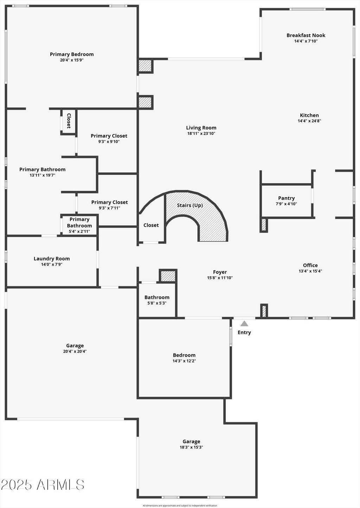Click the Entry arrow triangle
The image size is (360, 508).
244,323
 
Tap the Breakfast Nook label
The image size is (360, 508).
306,36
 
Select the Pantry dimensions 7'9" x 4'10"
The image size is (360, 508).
286,204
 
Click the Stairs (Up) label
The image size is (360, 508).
190,205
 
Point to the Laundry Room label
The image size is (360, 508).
52,259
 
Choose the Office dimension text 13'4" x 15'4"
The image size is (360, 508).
310,271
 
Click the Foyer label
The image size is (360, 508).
220,272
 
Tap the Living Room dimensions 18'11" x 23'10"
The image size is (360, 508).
201,134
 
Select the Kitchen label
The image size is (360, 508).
309,115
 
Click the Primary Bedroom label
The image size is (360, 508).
72,55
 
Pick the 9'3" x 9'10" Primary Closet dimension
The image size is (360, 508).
109,142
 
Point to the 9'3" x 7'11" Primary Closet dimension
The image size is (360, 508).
109,208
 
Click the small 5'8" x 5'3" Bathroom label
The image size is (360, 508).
157,297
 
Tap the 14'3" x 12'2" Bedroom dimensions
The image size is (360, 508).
184,361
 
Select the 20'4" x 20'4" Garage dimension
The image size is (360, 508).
75,351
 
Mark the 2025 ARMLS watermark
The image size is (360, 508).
43,485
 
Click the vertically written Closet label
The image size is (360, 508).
69,121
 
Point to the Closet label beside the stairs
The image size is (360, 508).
151,225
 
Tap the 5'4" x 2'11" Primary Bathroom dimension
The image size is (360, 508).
79,231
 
